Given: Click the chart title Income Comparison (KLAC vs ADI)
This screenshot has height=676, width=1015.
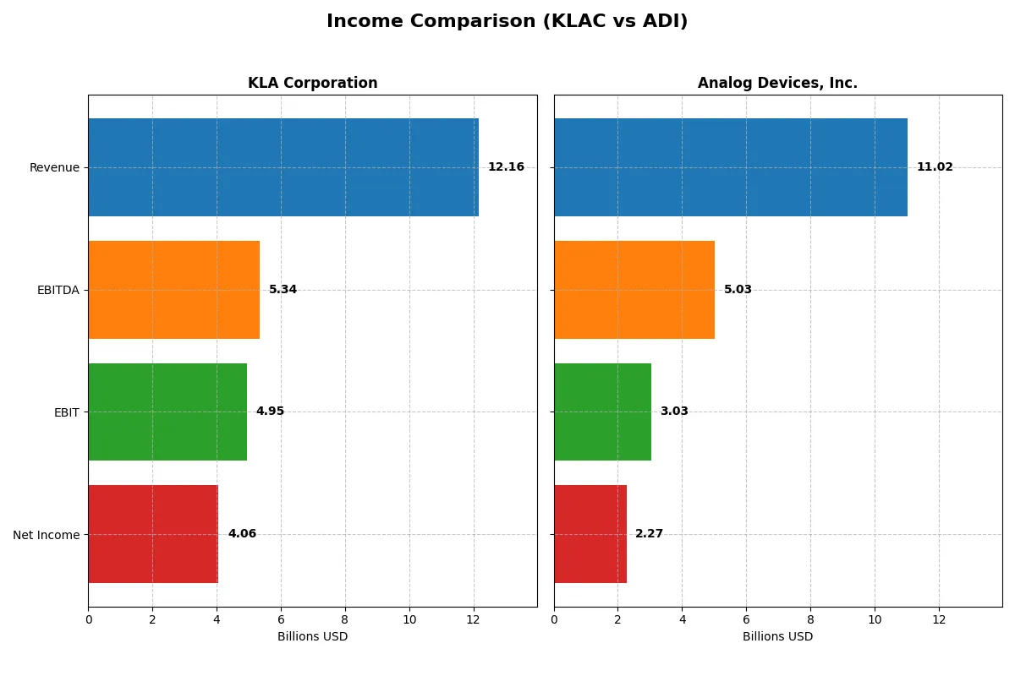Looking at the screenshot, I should pos(507,22).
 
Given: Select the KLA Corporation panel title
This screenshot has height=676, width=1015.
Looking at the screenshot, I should pos(312,83).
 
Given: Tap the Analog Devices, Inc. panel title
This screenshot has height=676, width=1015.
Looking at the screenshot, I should pos(777,83).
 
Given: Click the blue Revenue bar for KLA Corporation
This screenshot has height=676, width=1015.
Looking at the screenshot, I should pos(283,167).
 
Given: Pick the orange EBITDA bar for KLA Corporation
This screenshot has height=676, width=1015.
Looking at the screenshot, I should pos(173,290).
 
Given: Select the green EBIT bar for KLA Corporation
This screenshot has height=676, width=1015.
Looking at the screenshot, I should pos(167,412).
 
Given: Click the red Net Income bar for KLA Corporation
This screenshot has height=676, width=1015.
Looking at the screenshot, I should pos(153,534).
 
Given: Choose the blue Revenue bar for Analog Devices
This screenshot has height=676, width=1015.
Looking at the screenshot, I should pos(731,167).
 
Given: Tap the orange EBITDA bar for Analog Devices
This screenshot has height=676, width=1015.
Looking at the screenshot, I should pos(634,290).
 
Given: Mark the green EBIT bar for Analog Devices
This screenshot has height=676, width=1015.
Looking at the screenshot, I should pos(602,412).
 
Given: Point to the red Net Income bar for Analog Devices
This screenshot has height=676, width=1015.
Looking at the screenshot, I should pos(590,534).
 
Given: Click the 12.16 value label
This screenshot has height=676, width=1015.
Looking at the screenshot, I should pos(506,167).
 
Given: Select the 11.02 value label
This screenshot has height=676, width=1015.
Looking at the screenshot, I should pos(935,167).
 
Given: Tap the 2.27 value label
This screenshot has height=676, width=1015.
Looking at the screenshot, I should pos(649,534).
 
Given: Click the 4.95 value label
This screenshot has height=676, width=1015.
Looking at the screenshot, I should pos(270,412).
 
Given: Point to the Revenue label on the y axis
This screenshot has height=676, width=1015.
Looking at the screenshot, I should pos(54,167).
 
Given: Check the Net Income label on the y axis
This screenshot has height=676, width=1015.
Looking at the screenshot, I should pos(47,535).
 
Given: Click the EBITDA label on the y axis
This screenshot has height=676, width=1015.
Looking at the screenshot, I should pos(58,290).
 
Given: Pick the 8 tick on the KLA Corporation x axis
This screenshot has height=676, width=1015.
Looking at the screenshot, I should pos(345,619).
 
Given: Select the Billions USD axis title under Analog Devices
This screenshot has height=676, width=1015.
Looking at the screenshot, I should pos(777,636).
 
